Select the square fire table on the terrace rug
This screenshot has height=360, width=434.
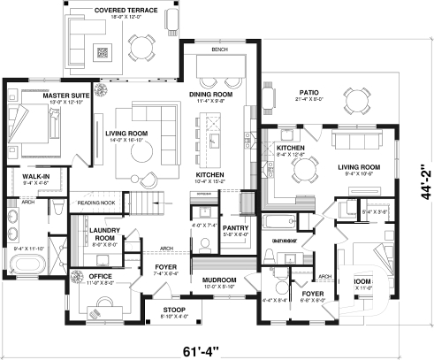coord(103,52)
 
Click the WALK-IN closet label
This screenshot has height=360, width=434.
coord(23,177)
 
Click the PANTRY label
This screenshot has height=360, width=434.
coord(236,227)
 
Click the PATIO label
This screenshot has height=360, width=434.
coord(308,91)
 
